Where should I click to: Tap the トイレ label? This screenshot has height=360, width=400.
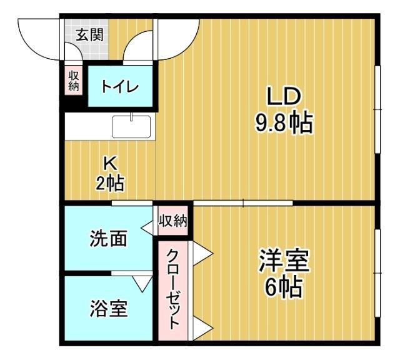coord(119,86)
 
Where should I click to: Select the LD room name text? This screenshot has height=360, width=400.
coord(284,97)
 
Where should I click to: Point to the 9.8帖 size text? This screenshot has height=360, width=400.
coord(284,123)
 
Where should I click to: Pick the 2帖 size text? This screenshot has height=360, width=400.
coord(110,182)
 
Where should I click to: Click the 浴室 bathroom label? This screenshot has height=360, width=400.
coord(108,308)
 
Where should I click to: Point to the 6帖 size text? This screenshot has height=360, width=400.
coord(284,287)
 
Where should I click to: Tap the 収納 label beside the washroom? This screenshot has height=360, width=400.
coord(173,221)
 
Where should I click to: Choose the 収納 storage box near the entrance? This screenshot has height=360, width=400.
coord(73,80)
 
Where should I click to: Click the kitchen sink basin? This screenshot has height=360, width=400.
coord(131,127)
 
